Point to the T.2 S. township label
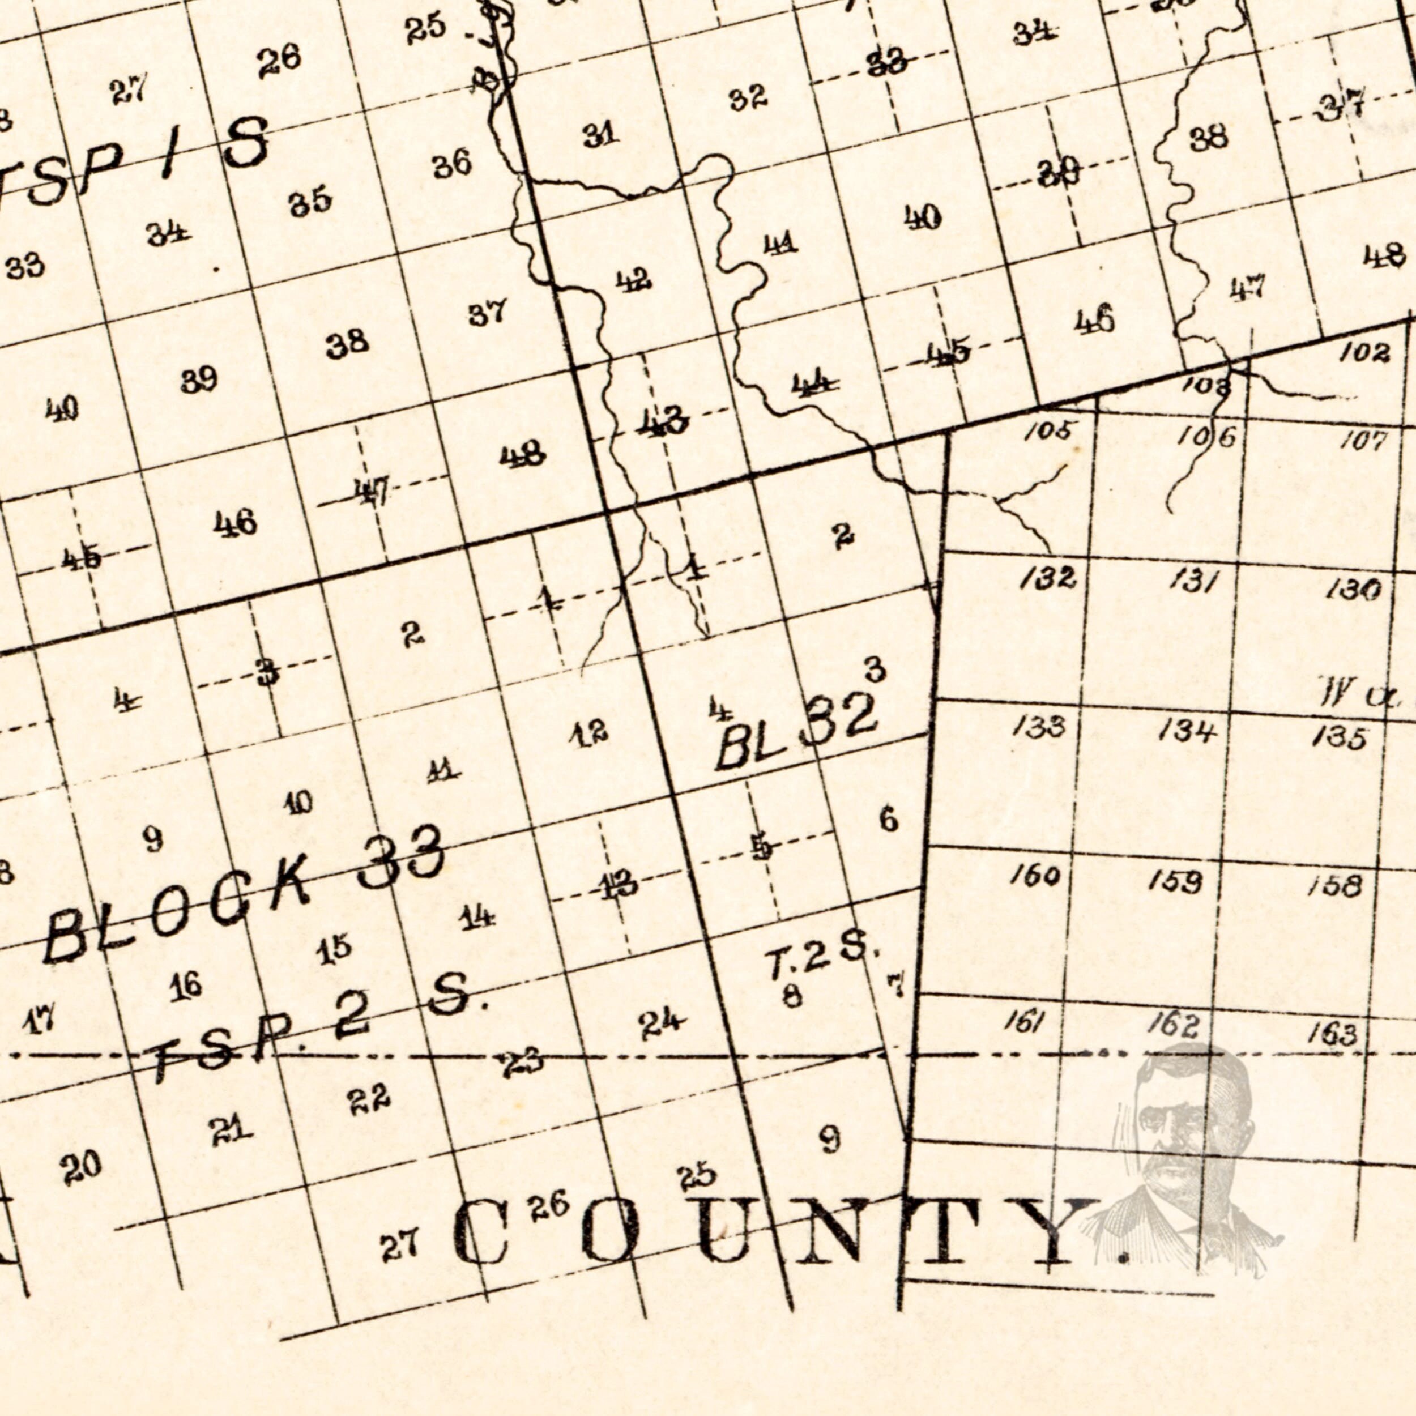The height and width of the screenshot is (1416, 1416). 821,957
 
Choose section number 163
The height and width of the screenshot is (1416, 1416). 1332,1034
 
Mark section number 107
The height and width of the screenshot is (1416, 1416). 1364,441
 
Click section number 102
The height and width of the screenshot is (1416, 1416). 1364,353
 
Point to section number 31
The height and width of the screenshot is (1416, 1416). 601,135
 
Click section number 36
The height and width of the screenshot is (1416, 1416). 451,165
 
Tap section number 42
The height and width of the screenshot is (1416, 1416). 634,281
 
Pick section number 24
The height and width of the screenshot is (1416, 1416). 661,1024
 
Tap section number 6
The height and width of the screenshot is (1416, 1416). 889,818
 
